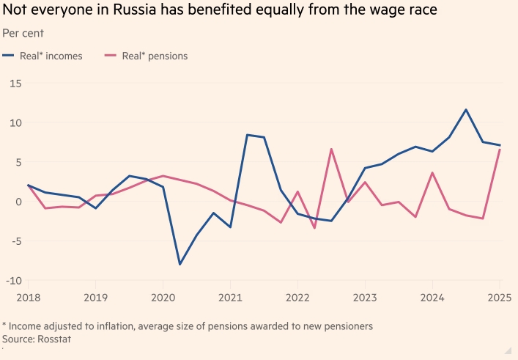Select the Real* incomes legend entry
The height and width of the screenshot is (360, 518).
pos(44,55)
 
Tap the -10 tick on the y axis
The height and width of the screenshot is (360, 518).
pos(13,281)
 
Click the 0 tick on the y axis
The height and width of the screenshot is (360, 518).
pos(18,202)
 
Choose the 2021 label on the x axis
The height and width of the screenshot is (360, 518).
pos(229,298)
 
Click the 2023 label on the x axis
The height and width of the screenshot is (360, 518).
pos(365,298)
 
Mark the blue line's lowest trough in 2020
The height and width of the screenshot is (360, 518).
pos(180,264)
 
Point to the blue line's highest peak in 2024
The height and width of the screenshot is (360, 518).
pos(466,110)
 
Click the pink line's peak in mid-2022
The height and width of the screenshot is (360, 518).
pos(331,149)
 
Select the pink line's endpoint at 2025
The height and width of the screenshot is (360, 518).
pos(500,150)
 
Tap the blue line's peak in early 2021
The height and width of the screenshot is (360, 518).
pos(247,135)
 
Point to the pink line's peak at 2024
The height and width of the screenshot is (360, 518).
pos(432,173)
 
